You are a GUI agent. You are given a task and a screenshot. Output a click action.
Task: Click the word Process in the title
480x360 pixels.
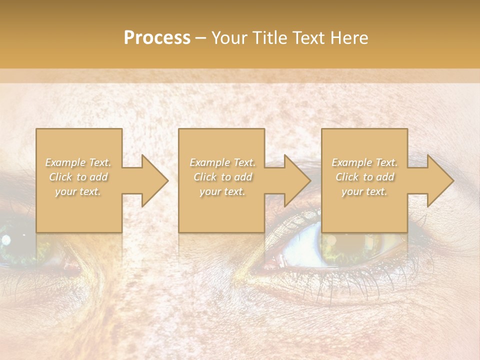157,38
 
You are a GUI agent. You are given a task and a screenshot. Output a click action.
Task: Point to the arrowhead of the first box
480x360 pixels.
152,180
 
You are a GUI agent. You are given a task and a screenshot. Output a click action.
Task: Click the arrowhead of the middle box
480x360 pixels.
295,180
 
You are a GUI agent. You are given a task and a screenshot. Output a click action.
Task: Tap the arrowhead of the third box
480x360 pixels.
438,180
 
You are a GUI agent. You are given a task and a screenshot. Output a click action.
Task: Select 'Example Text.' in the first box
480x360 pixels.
78,162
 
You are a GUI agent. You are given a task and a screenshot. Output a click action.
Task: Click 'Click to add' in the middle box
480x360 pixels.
222,177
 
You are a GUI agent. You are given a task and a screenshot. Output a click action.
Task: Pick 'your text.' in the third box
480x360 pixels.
364,191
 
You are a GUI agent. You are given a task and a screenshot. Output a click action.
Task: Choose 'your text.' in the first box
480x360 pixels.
78,191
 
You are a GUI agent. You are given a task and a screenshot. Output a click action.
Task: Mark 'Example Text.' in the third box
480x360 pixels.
364,162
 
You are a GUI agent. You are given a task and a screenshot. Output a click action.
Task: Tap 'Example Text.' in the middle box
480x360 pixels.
222,162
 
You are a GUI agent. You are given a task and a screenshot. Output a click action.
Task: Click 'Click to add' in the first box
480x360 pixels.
78,177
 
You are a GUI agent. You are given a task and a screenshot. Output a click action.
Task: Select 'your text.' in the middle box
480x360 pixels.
222,191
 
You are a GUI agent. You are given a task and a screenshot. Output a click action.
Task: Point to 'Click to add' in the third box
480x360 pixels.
364,177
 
